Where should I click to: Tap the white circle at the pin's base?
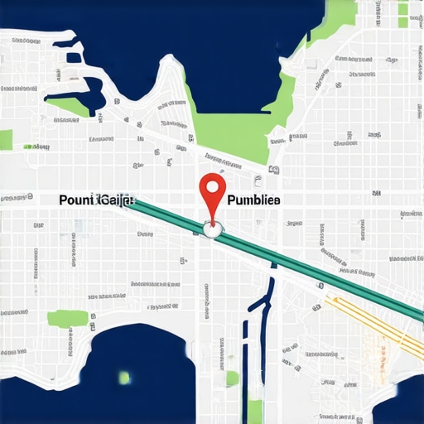pos(214,231)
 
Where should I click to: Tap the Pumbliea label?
pos(253,200)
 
